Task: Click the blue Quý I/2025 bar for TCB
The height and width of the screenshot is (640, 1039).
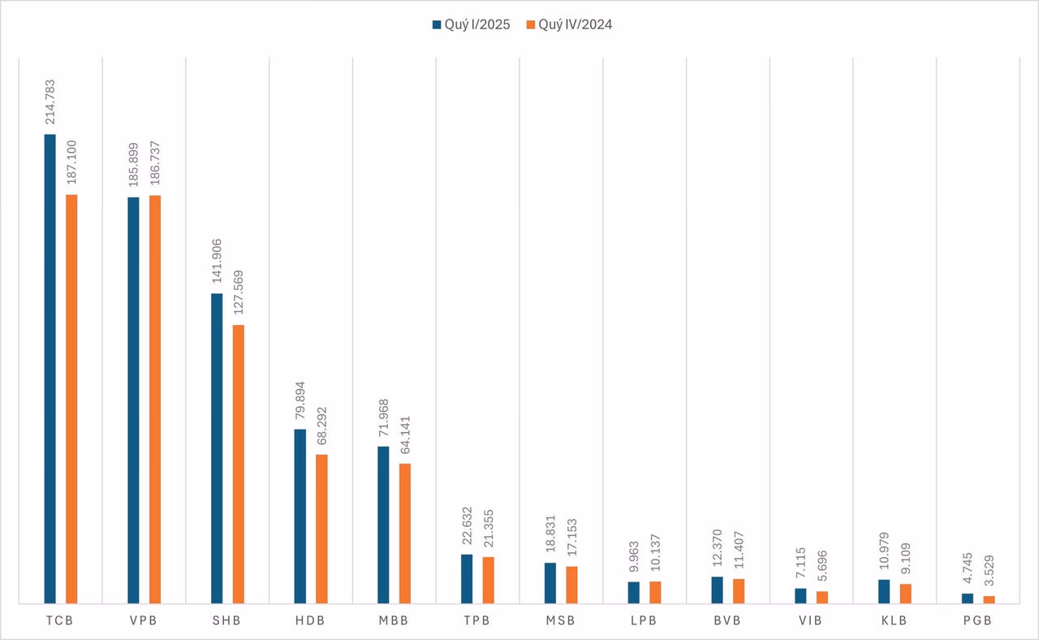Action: point(50,369)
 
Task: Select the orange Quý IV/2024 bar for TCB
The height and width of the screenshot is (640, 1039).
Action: point(71,399)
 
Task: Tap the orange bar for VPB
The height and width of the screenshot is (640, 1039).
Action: point(155,400)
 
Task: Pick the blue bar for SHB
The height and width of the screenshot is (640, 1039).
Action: point(217,448)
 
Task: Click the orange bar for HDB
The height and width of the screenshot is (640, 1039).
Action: point(321,529)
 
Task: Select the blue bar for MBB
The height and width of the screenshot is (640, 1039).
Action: point(383,525)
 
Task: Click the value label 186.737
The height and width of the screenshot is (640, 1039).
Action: point(155,165)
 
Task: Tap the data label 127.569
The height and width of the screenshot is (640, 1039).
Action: point(238,295)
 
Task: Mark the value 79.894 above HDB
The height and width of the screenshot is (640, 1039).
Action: point(300,399)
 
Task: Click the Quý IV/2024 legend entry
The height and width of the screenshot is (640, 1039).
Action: point(569,24)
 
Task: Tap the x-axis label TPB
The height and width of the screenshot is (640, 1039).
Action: point(477,621)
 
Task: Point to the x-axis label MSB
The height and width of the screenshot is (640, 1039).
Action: point(561,621)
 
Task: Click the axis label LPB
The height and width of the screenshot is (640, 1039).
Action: point(645,621)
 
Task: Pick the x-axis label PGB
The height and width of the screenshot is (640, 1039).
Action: point(977,621)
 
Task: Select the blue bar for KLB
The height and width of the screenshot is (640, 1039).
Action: point(884,591)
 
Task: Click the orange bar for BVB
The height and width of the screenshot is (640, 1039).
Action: point(739,591)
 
